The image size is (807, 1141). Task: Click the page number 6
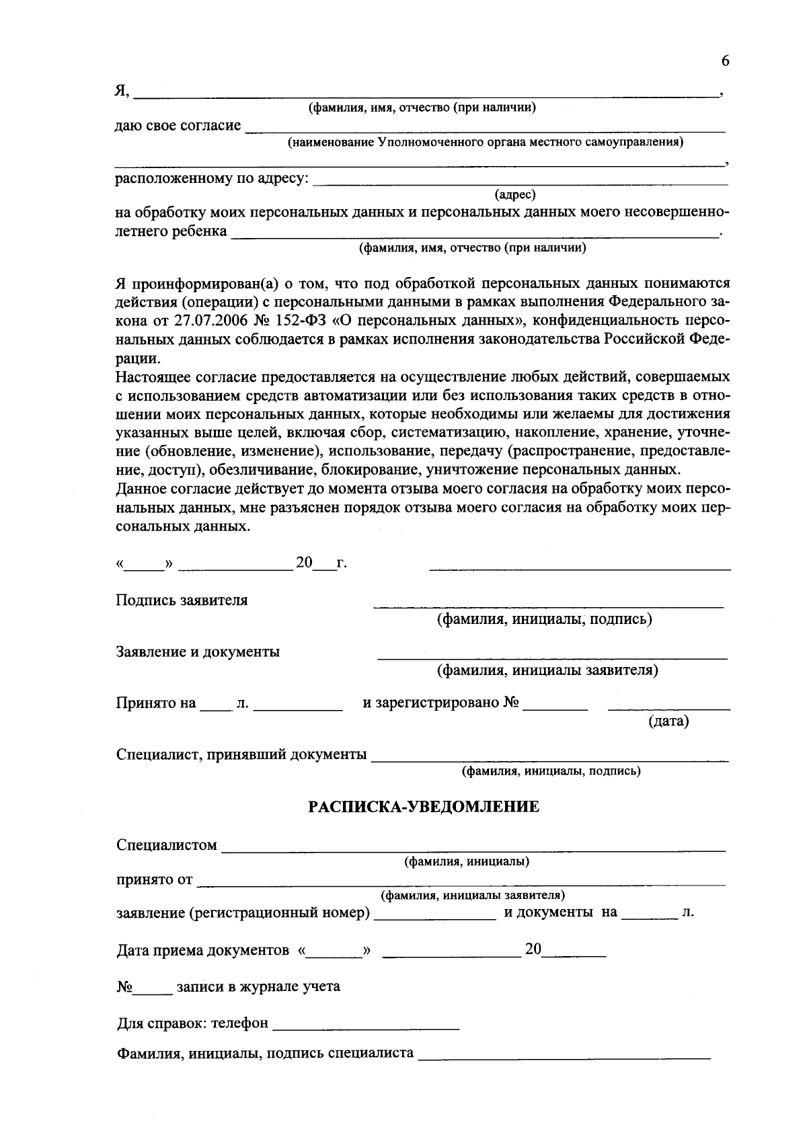(x=725, y=61)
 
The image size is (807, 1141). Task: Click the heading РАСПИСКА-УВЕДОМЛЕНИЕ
(x=424, y=807)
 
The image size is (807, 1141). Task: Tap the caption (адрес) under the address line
(x=515, y=195)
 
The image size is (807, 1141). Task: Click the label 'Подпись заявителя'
(x=182, y=600)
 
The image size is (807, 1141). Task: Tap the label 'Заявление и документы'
(x=198, y=652)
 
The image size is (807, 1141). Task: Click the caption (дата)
(x=668, y=721)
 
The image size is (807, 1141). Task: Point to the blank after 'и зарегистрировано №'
(x=555, y=708)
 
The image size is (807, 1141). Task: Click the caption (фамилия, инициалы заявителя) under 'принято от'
(x=473, y=896)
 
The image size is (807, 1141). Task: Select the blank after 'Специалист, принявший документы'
(x=549, y=759)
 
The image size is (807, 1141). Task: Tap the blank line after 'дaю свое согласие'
(x=486, y=128)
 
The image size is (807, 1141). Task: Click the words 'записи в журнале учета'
(x=258, y=987)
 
